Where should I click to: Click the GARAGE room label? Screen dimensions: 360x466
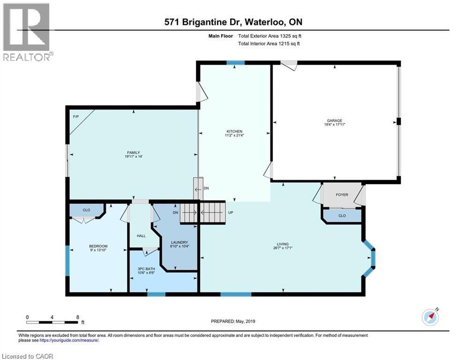(334, 120)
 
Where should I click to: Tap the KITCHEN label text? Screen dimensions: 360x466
(234, 131)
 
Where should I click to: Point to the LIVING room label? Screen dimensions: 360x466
(282, 244)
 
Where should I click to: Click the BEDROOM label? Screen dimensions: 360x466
(98, 246)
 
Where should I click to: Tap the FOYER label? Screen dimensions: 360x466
(342, 195)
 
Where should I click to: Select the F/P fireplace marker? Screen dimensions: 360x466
(75, 116)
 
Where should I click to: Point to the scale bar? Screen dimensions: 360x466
(52, 322)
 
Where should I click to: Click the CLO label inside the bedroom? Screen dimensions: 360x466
(86, 210)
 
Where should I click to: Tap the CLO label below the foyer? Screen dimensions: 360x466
(342, 216)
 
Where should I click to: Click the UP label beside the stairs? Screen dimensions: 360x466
(230, 212)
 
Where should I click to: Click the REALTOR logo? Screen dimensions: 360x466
(27, 32)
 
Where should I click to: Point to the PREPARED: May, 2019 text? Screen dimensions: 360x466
(233, 321)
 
